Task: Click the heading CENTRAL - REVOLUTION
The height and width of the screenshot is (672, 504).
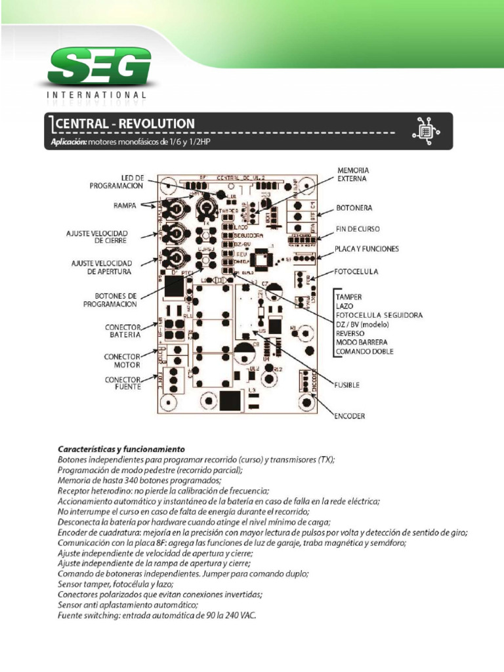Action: (125, 123)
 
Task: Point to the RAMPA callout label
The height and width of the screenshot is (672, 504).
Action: (123, 205)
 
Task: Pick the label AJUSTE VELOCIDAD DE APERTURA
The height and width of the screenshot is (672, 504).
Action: (102, 267)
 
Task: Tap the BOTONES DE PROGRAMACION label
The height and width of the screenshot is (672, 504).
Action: (110, 300)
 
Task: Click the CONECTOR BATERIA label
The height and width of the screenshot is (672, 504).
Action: (123, 331)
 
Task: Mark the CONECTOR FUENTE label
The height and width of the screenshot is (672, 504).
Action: (123, 383)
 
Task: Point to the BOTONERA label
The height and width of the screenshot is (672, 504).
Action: (354, 208)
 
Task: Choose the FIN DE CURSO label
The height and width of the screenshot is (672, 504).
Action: (358, 228)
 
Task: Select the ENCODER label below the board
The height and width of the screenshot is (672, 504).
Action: (350, 416)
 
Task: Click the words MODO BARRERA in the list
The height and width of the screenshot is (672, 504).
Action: (361, 343)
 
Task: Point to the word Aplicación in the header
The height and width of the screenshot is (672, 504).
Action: (68, 142)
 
